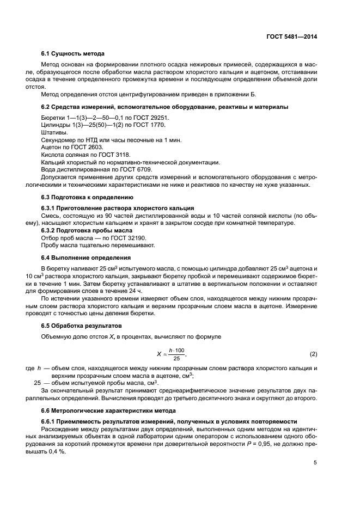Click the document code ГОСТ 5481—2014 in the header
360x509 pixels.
coord(291,37)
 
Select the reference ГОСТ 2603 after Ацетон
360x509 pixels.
coord(87,148)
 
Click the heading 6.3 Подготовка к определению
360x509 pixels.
coord(87,197)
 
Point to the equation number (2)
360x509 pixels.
coord(313,355)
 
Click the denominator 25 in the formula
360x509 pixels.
coord(176,359)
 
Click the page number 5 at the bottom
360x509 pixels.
coord(315,463)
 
